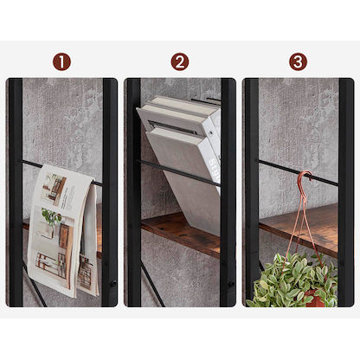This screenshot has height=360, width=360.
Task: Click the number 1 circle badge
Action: [61, 61]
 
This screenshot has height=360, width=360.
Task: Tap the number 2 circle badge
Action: [179, 61]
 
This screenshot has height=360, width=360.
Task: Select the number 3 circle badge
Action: [298, 61]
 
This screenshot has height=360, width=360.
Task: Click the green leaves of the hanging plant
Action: [290, 281]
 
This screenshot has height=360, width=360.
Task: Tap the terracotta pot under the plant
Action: [316, 300]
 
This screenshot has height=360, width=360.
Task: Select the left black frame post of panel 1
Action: [15, 190]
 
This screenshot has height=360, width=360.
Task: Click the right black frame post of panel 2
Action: [228, 190]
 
